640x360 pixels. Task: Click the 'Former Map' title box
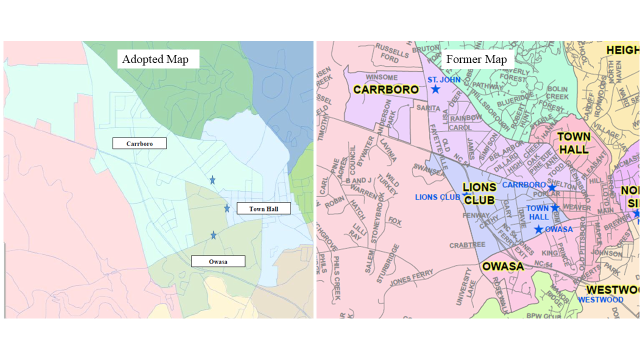point(477,59)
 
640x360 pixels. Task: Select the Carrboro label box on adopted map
point(139,143)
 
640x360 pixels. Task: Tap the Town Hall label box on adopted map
point(263,208)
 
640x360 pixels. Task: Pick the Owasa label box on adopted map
point(218,261)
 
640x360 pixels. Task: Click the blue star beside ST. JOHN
point(435,89)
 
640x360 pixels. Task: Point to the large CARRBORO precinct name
point(385,90)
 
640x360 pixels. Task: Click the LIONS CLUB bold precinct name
point(479,194)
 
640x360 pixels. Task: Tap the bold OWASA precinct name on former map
point(503,266)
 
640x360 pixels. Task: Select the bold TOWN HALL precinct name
point(574,143)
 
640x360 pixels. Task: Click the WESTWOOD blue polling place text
point(600,300)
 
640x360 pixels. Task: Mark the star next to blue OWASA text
point(538,229)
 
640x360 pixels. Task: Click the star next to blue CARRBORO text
point(552,187)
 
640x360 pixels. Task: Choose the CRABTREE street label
point(467,245)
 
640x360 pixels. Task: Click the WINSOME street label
point(381,77)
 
